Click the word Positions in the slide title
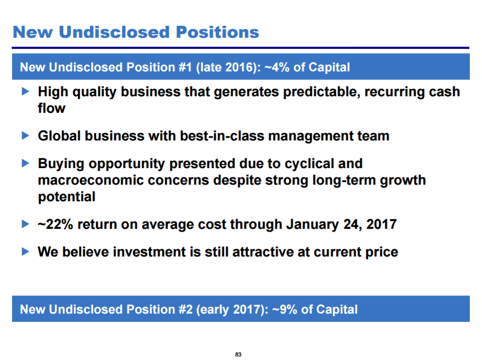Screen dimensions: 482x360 217,32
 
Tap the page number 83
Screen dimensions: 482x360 238,354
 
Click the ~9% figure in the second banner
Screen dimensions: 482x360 285,309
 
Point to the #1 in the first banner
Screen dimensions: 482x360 185,67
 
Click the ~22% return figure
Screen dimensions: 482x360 55,224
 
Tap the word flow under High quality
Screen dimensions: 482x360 52,108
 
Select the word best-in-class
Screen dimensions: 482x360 222,136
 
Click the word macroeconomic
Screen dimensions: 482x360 91,180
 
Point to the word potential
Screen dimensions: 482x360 67,197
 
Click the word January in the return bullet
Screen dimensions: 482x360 312,225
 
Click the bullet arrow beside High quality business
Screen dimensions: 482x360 25,91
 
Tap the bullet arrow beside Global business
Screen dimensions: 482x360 25,135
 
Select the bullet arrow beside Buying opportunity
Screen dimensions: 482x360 25,163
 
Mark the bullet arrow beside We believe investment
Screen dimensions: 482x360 25,251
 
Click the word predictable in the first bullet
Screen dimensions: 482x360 322,92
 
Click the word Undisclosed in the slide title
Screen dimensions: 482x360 114,32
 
